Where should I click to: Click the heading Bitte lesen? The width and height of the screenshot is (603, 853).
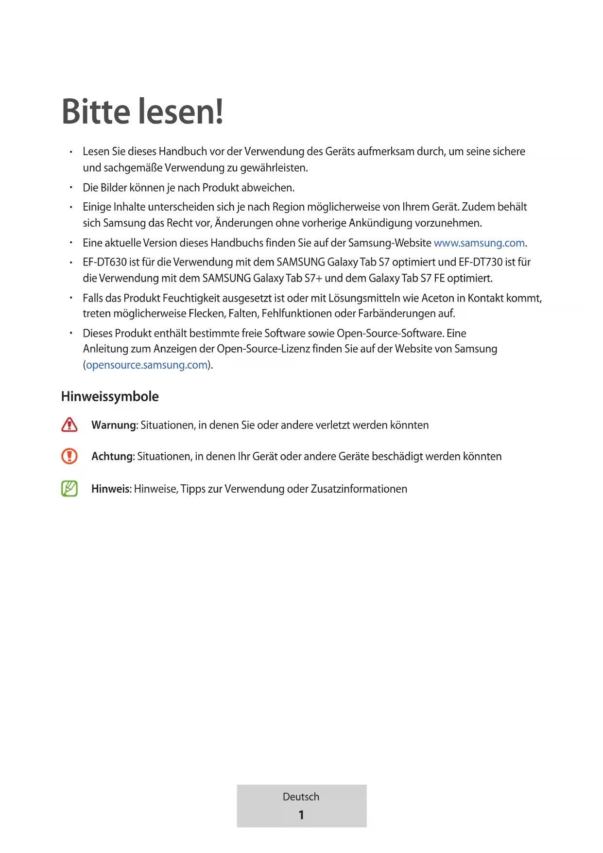tap(142, 112)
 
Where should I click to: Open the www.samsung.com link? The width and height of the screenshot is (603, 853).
tap(479, 243)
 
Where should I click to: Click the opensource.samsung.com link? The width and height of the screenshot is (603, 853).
tap(147, 365)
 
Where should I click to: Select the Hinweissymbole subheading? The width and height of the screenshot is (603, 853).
tap(110, 396)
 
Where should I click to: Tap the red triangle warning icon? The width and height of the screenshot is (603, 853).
tap(69, 425)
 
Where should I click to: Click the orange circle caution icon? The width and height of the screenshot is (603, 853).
tap(69, 456)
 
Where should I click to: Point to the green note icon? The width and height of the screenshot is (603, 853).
tap(69, 488)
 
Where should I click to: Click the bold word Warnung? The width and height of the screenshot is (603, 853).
tap(114, 425)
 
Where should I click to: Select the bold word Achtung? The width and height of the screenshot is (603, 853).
tap(112, 456)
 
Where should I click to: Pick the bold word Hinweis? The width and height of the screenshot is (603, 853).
tap(110, 489)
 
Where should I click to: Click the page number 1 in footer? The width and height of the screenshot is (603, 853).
tap(301, 815)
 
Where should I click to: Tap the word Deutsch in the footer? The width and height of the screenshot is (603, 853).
tap(301, 797)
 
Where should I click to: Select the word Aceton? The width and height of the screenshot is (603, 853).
tap(437, 298)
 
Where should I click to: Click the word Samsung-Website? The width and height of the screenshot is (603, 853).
tap(390, 243)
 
